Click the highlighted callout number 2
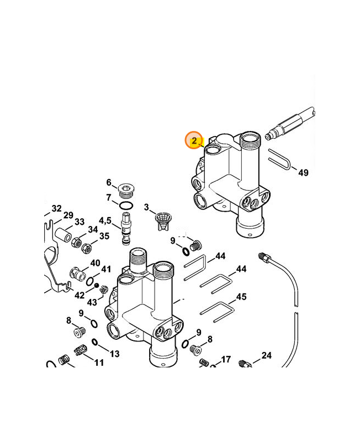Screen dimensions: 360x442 pos(194,141)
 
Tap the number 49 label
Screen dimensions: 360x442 pos(303,172)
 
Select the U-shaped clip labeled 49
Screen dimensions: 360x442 pos(279,159)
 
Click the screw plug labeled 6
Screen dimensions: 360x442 pos(127,190)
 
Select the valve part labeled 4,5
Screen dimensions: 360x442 pos(126,228)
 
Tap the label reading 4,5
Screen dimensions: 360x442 pos(105,220)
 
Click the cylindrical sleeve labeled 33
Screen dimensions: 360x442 pos(63,234)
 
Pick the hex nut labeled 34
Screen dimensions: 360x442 pos(76,242)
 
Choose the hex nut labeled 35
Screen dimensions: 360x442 pos(87,248)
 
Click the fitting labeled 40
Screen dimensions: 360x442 pos(77,273)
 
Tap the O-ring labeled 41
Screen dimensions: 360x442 pos(90,281)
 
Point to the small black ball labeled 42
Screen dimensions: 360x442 pos(97,286)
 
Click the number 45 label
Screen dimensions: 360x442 pos(241,297)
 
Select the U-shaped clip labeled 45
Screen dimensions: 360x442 pos(217,312)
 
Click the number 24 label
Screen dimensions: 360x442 pos(267,355)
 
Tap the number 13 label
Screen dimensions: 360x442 pos(115,354)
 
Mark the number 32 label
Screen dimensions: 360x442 pos(57,208)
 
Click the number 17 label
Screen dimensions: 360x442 pos(226,359)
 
